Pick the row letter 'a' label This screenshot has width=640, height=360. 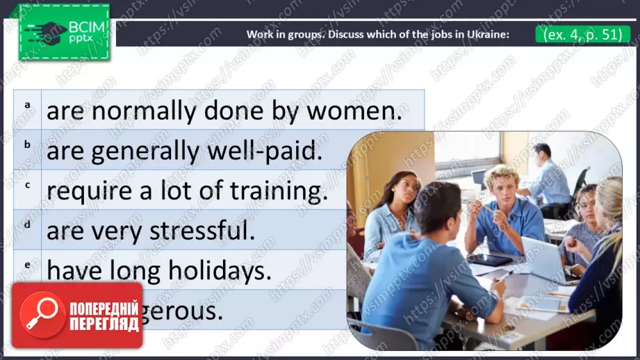[x=28, y=105]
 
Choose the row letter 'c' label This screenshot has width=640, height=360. [x=28, y=185]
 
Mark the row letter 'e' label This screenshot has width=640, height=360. [x=28, y=265]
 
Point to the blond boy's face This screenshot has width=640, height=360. [x=503, y=185]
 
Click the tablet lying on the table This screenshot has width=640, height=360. [x=489, y=259]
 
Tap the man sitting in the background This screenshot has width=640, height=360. [x=544, y=177]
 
